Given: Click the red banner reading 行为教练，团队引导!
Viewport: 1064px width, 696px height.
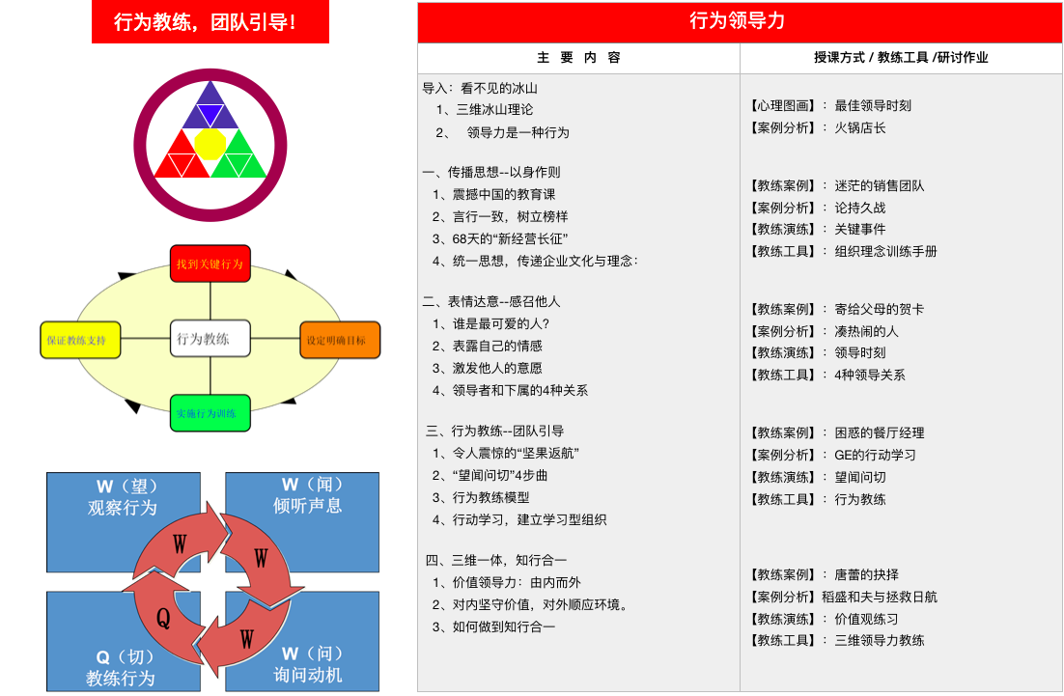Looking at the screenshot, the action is coord(210,21).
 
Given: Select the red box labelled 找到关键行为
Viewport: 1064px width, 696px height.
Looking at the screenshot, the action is coord(210,264).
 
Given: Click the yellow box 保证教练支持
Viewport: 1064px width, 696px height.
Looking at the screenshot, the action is coord(80,340).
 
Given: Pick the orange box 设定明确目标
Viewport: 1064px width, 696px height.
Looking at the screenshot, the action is coord(340,340).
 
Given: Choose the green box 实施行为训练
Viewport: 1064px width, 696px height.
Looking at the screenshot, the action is coord(210,413).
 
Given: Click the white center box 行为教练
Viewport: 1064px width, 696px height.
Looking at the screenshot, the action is coord(210,339).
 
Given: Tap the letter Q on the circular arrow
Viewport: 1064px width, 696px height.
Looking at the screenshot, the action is coord(163,618).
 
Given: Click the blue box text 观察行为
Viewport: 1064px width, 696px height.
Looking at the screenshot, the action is coord(123,508).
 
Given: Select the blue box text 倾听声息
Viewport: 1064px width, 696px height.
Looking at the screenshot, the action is coord(307,506).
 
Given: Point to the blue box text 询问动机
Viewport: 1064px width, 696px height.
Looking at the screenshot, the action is coord(307,675).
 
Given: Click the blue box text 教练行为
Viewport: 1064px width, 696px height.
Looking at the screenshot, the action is coord(120,678).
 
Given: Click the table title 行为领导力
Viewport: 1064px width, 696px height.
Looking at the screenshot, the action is coord(738,21).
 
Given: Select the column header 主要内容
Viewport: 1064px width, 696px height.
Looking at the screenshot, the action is coord(578,58).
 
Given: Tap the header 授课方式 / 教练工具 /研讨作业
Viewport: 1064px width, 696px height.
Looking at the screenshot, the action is coord(901,58).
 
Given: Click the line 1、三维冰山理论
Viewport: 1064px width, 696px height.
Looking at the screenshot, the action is coord(485,109).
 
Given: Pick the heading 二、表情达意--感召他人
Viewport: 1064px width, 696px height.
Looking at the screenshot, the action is coord(491,301).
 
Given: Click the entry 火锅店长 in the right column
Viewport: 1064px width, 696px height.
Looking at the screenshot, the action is coord(859,127).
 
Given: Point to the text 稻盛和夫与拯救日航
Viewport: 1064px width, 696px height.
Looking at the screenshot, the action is coord(880,597).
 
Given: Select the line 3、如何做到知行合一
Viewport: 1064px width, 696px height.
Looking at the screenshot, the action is coord(493,626).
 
